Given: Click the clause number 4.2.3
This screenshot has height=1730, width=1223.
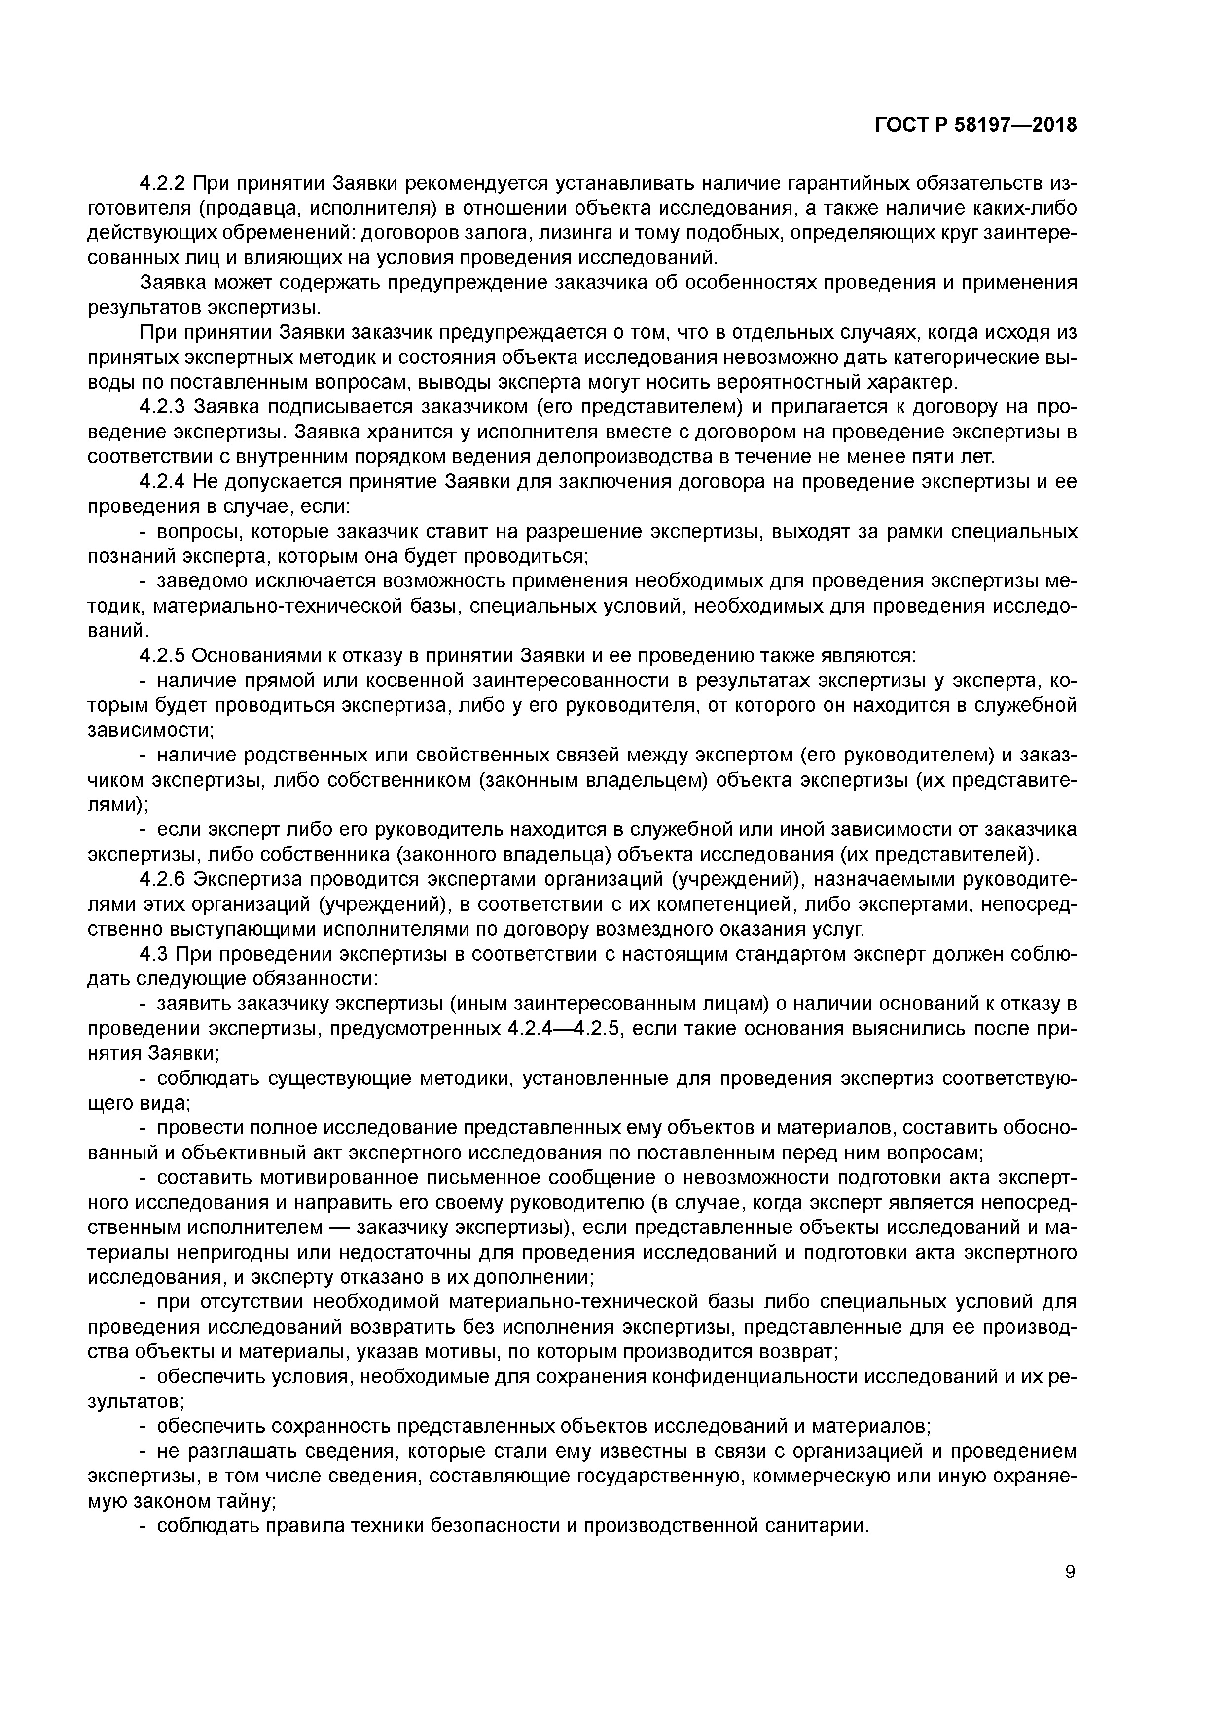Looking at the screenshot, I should pos(164,408).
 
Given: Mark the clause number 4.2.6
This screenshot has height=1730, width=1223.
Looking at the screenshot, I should pos(164,879).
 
